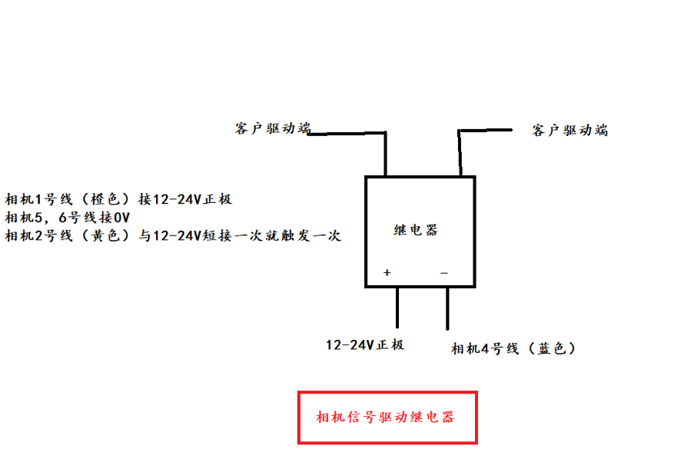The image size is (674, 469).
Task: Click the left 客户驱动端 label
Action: (272, 128)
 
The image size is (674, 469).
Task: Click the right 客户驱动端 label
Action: (569, 130)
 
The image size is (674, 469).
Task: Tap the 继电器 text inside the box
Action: (416, 230)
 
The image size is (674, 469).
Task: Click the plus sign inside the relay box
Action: (387, 272)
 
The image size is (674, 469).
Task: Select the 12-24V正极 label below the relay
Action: (365, 344)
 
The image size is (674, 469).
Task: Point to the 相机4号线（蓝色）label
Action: (513, 348)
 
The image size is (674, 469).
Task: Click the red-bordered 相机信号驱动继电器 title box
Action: (387, 417)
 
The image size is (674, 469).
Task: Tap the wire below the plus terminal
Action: (397, 308)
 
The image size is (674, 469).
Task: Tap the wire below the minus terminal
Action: (447, 308)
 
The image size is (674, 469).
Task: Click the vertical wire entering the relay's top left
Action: (385, 155)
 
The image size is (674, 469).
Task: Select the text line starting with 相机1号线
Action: (118, 199)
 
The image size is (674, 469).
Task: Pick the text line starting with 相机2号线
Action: (173, 236)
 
